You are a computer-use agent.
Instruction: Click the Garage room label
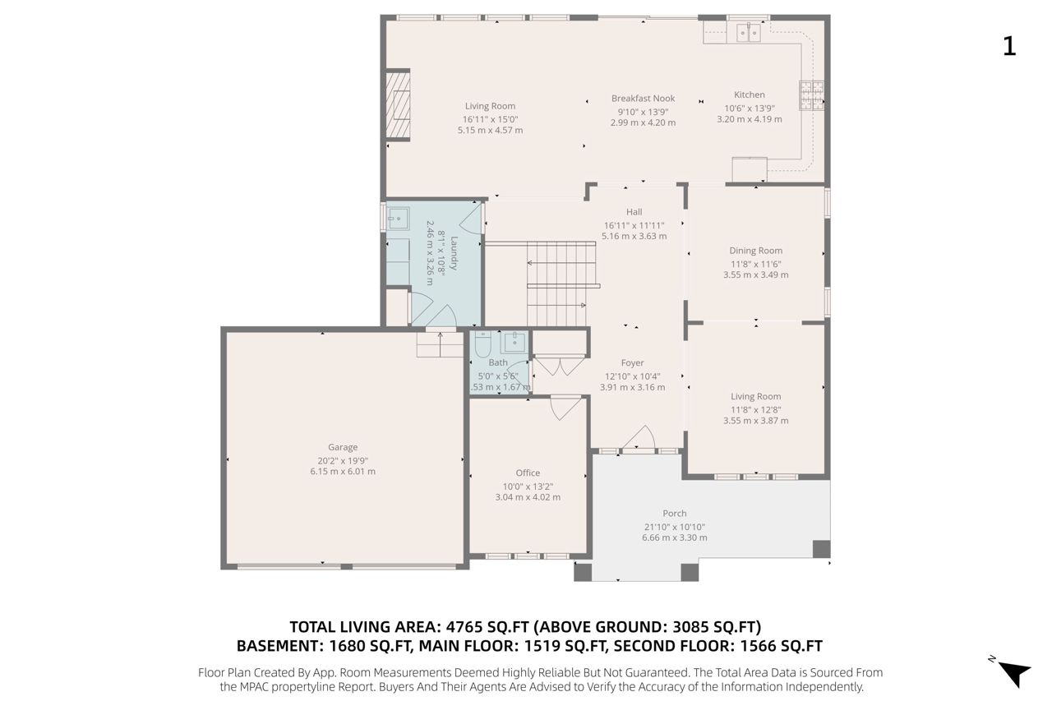tap(343, 447)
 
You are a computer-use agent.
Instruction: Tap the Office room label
tap(528, 473)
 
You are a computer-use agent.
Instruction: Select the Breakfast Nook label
tap(643, 99)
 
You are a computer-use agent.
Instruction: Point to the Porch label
tap(675, 513)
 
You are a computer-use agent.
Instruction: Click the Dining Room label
tap(755, 251)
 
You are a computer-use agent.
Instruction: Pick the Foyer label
tap(632, 363)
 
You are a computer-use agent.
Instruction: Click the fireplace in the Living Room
tap(398, 104)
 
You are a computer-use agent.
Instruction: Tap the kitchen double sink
tap(748, 32)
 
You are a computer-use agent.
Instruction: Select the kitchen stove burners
tap(811, 95)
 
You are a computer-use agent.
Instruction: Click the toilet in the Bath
tap(482, 345)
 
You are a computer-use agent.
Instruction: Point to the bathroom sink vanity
tap(514, 343)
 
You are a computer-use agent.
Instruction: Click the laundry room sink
tap(399, 219)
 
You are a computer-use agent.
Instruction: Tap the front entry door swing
tap(639, 437)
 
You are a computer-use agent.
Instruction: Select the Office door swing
tap(565, 408)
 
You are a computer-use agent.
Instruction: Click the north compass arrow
tap(1014, 673)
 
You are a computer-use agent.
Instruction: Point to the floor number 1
tap(1009, 47)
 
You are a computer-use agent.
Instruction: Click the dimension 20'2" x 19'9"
tap(343, 460)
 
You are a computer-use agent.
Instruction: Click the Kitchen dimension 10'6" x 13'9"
tap(749, 108)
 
